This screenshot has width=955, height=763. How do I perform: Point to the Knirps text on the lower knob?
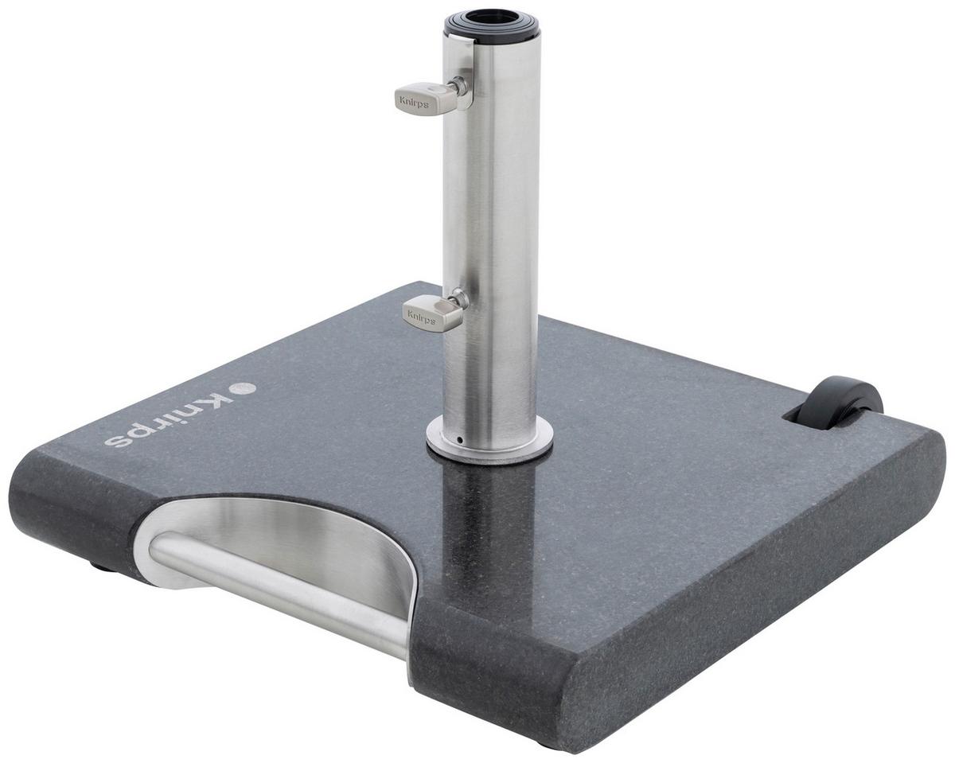tap(422, 316)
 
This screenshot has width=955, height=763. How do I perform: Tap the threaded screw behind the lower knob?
tap(458, 300)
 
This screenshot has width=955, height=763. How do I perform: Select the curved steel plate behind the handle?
tap(318, 541)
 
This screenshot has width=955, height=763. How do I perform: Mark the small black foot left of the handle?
tap(101, 566)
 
